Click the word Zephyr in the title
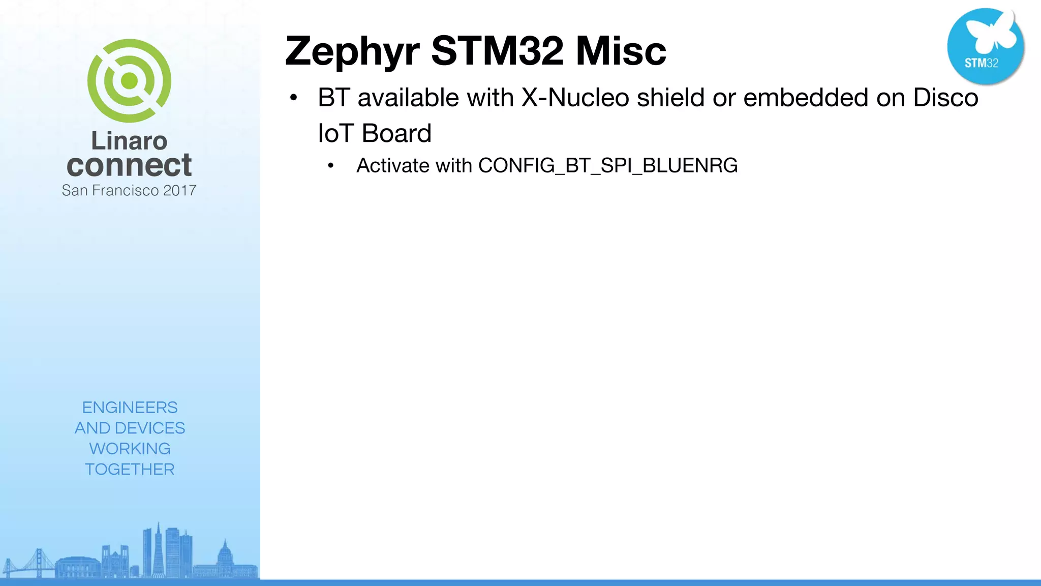[352, 52]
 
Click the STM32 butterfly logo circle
[985, 46]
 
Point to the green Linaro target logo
[129, 81]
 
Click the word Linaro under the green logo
[129, 141]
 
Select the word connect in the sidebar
[129, 165]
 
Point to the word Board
[396, 133]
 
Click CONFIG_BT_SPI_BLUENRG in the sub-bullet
[608, 166]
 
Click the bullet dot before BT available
[293, 98]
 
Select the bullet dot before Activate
[331, 166]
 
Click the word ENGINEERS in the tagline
[130, 407]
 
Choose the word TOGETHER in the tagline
[130, 469]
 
